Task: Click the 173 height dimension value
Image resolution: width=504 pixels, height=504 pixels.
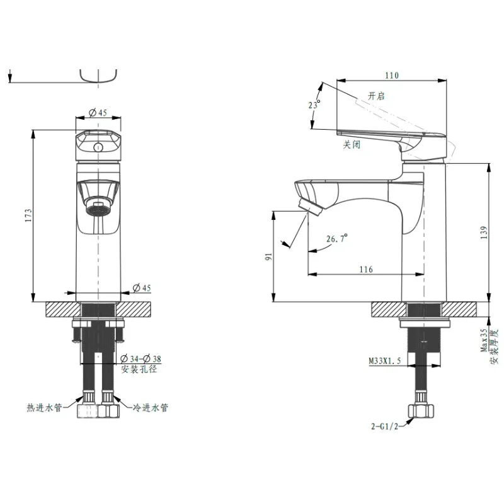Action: click(x=28, y=215)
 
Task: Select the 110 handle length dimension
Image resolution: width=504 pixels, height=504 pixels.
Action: click(x=392, y=76)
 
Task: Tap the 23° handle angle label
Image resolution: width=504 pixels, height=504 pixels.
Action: click(x=314, y=105)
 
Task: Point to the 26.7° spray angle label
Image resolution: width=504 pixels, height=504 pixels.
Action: click(x=337, y=239)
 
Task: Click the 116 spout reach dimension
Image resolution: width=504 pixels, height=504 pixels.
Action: click(x=366, y=269)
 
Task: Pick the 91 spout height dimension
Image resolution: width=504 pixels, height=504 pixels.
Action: click(x=268, y=256)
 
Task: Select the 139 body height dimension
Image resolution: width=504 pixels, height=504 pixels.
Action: click(x=484, y=232)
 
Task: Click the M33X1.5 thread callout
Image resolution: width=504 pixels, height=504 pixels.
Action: click(x=385, y=360)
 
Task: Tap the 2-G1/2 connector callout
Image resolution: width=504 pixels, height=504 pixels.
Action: click(x=385, y=427)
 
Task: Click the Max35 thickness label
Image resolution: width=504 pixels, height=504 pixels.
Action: click(x=484, y=340)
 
